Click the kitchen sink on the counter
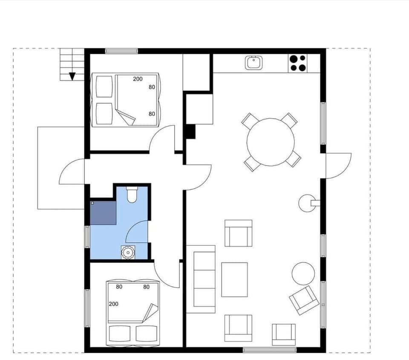point(254,63)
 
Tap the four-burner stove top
point(298,63)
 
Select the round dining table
point(271,142)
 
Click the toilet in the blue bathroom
point(132,194)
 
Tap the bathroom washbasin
point(127,252)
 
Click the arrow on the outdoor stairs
point(72,76)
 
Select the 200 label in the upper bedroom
point(138,79)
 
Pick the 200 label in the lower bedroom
point(114,304)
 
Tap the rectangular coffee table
point(234,279)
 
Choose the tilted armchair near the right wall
point(304,300)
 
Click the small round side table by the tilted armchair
point(303,273)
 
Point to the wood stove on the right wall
point(306,203)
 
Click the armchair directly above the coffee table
point(238,233)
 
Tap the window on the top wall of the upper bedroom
point(122,51)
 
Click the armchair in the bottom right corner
point(284,334)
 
